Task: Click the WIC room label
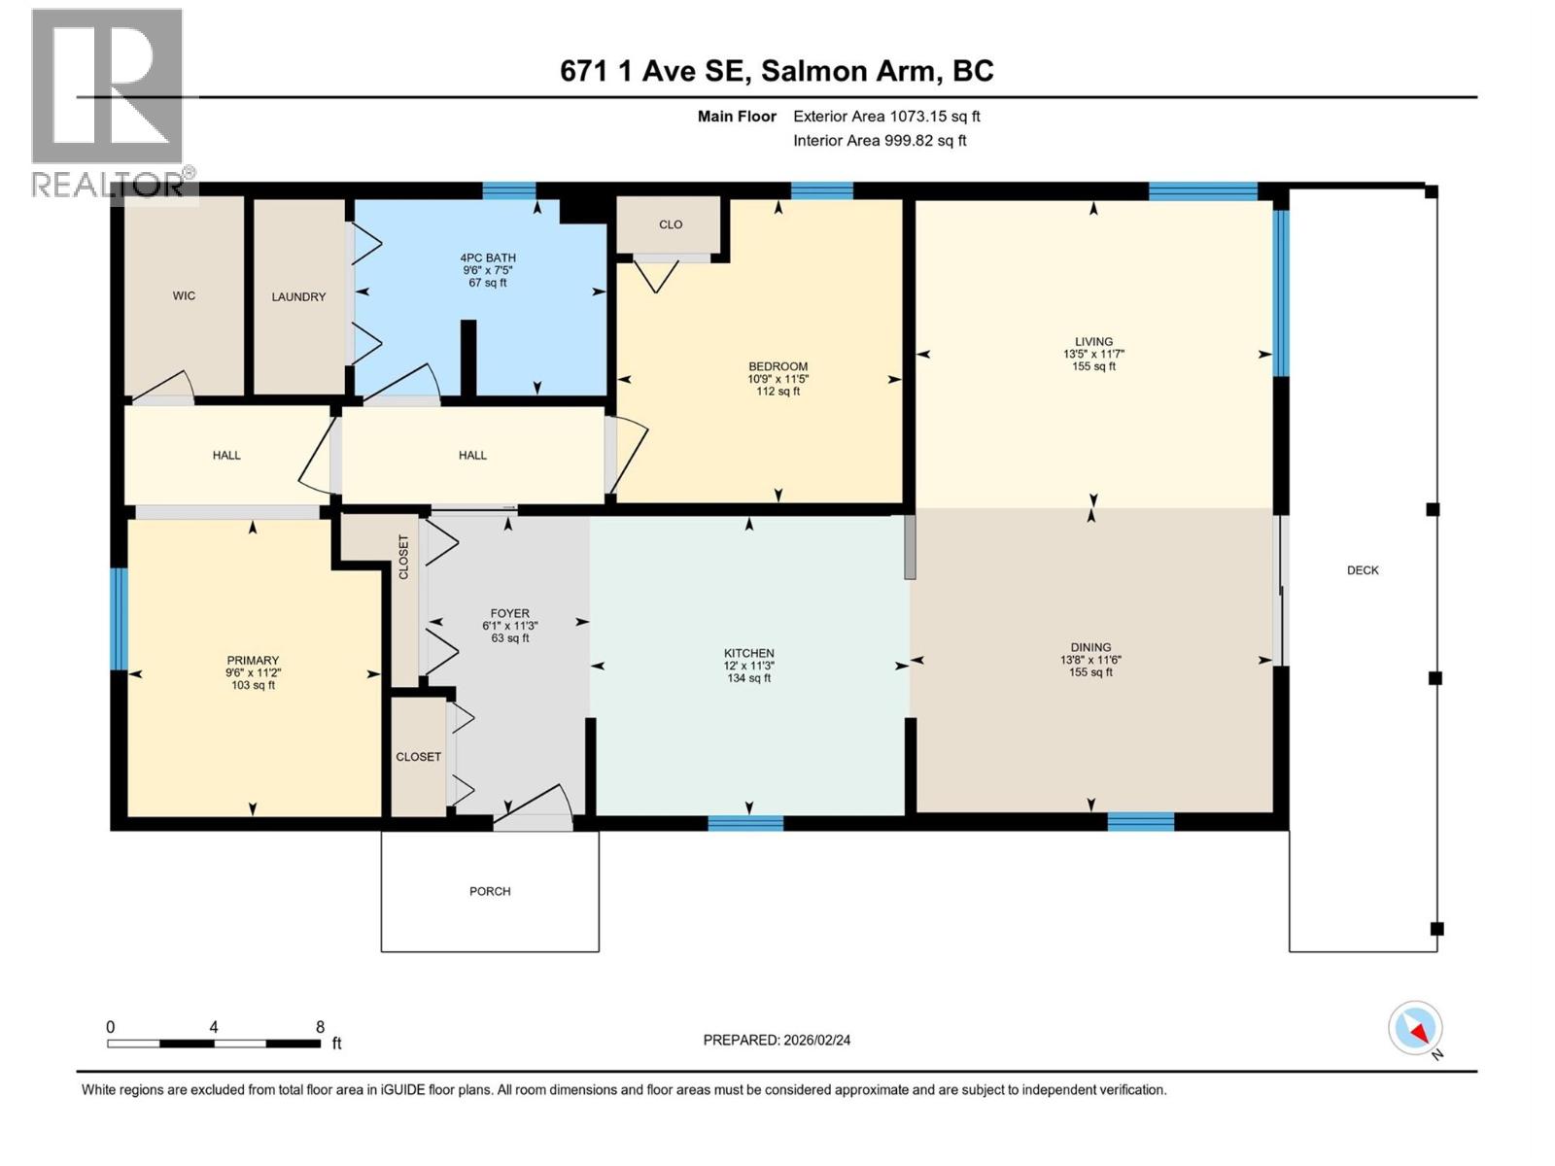point(184,295)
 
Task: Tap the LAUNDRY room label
point(298,296)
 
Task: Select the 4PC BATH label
point(488,257)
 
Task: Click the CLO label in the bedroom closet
point(671,224)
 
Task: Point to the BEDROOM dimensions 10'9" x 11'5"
point(777,379)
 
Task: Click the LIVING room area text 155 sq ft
point(1093,366)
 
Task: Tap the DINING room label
point(1090,647)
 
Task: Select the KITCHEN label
point(748,653)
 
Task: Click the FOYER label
point(509,613)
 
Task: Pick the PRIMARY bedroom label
point(253,660)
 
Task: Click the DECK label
point(1363,570)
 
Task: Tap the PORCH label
point(490,891)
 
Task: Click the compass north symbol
point(1416,1028)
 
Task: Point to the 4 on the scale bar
point(213,1027)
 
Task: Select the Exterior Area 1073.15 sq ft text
point(886,117)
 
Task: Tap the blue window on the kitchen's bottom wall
point(745,824)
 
